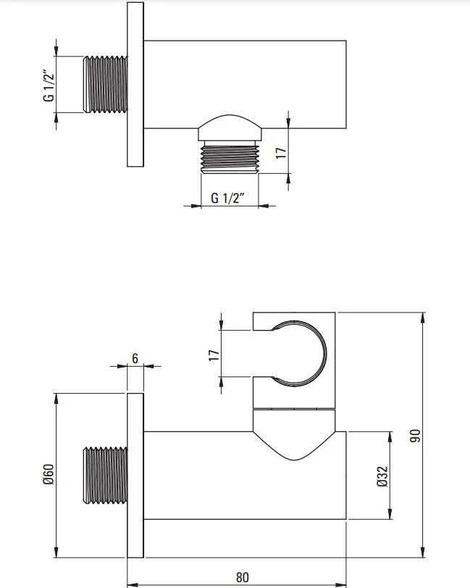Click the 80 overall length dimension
243,576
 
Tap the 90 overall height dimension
415,435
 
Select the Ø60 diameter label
49,474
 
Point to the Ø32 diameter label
382,476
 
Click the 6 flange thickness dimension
135,358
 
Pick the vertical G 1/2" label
49,85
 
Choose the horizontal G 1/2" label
227,198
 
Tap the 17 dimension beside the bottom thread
281,152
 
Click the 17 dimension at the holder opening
214,355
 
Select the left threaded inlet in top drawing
105,84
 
